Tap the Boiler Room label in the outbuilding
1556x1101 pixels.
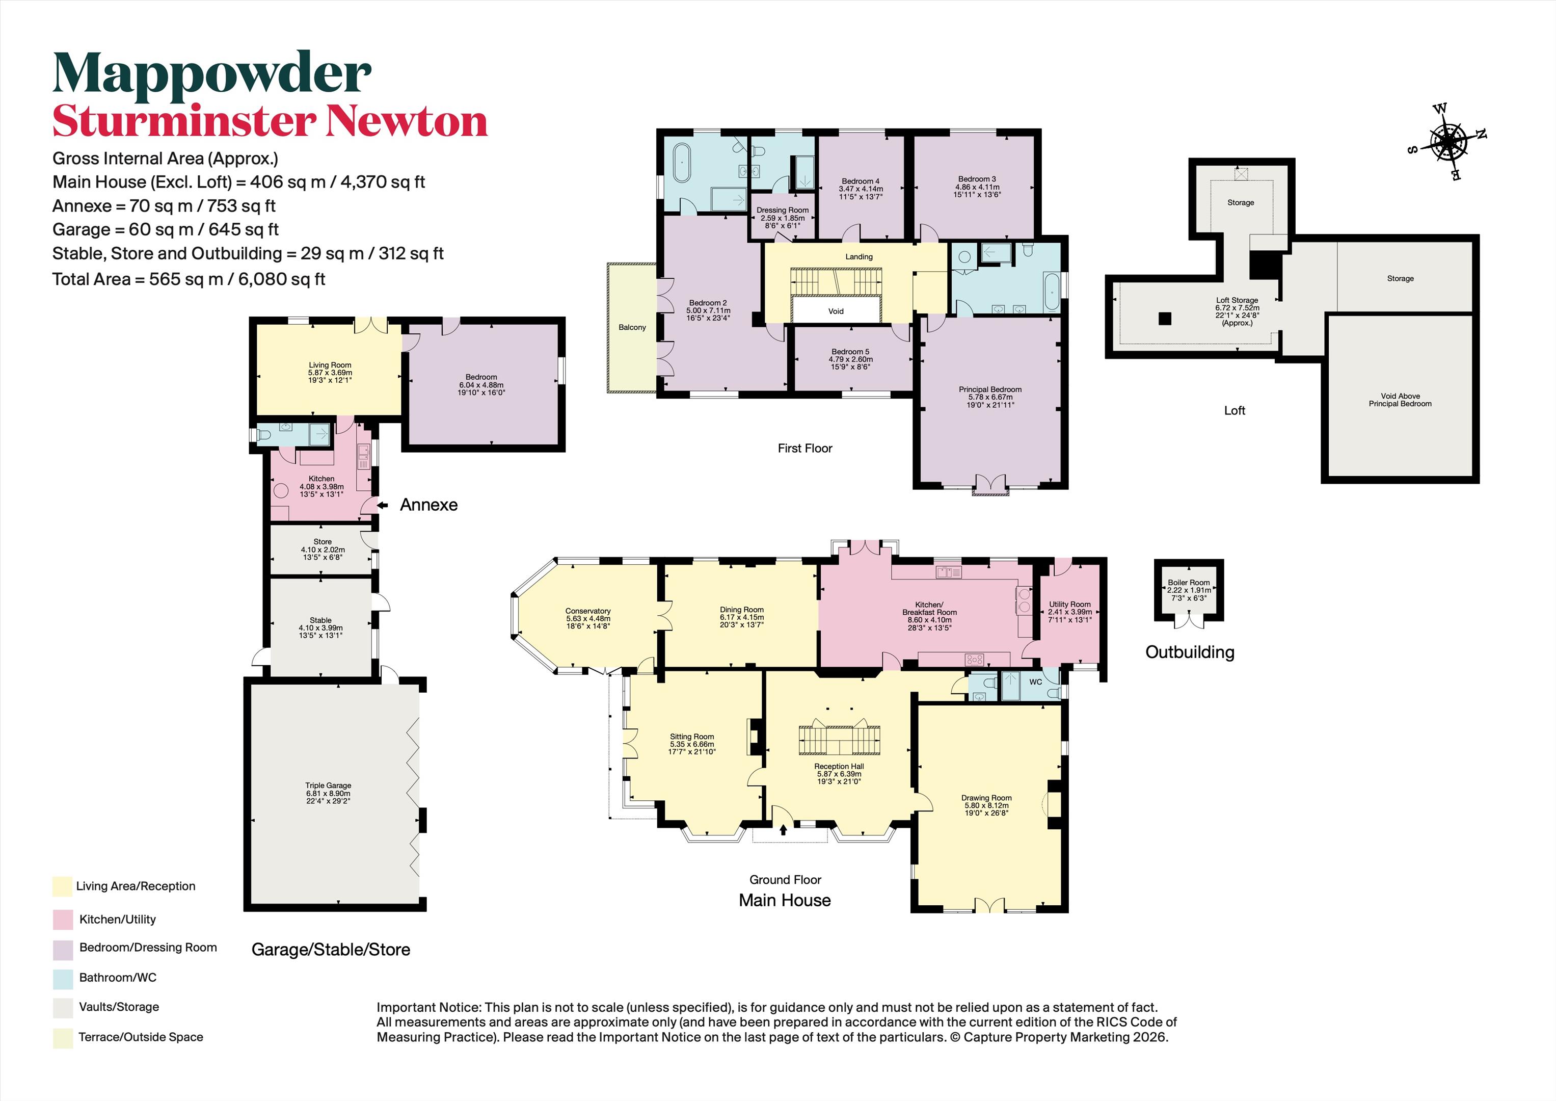click(x=1189, y=583)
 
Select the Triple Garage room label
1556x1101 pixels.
click(x=328, y=785)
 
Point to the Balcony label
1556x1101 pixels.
click(x=632, y=327)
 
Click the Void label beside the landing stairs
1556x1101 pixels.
click(x=836, y=311)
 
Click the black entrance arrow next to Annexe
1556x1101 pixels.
click(x=383, y=505)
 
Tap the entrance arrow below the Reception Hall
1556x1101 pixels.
click(x=784, y=829)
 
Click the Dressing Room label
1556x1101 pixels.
click(x=782, y=210)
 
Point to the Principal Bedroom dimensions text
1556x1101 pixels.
click(x=990, y=401)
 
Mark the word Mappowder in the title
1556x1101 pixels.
click(x=212, y=73)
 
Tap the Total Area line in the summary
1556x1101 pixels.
click(x=189, y=279)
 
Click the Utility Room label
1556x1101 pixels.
click(x=1070, y=604)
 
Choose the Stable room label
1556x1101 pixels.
click(x=320, y=620)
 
